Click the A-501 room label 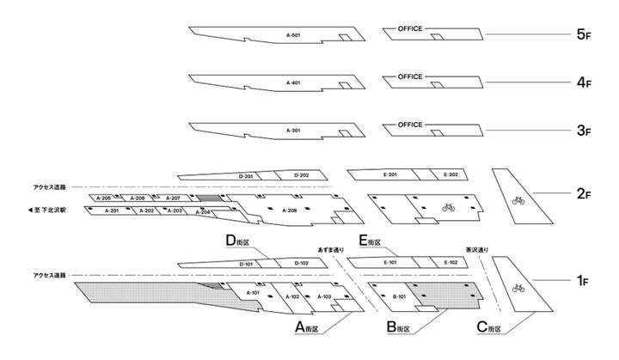tap(293, 36)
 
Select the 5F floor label tap(584, 36)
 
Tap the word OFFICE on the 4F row tap(410, 77)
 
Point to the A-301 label tap(293, 131)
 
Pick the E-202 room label tap(450, 175)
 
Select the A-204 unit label tap(203, 211)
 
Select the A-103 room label tap(324, 297)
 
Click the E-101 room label tap(389, 263)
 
